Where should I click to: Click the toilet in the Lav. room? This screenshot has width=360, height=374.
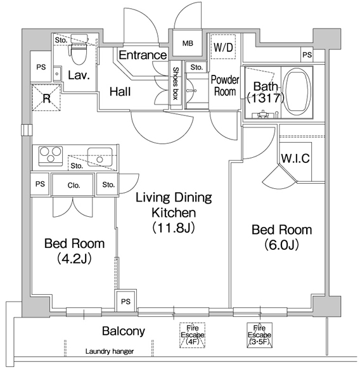point(79,49)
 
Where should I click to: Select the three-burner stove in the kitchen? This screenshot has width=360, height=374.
point(51,156)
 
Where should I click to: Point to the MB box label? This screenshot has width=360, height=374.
point(188,43)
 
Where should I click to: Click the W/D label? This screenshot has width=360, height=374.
point(223,48)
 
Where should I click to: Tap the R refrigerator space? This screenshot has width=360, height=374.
point(46,98)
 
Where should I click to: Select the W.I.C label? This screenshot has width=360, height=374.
point(295,158)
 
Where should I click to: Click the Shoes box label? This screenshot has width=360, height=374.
point(176,83)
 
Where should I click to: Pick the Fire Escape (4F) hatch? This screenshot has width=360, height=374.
point(192,335)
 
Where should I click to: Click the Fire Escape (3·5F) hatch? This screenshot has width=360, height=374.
point(259,335)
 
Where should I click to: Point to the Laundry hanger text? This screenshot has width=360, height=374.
point(110,351)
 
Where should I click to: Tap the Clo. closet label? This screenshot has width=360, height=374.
point(74,185)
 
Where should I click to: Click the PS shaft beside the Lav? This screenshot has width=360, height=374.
point(41,67)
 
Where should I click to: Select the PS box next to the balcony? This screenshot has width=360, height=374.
point(125,301)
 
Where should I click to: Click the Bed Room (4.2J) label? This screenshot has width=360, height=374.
point(74,251)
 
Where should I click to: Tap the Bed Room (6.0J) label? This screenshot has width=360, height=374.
point(282,237)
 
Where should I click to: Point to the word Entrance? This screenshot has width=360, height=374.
point(143,55)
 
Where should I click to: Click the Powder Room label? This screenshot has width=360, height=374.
point(225,86)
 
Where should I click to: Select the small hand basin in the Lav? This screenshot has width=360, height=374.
point(57,74)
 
